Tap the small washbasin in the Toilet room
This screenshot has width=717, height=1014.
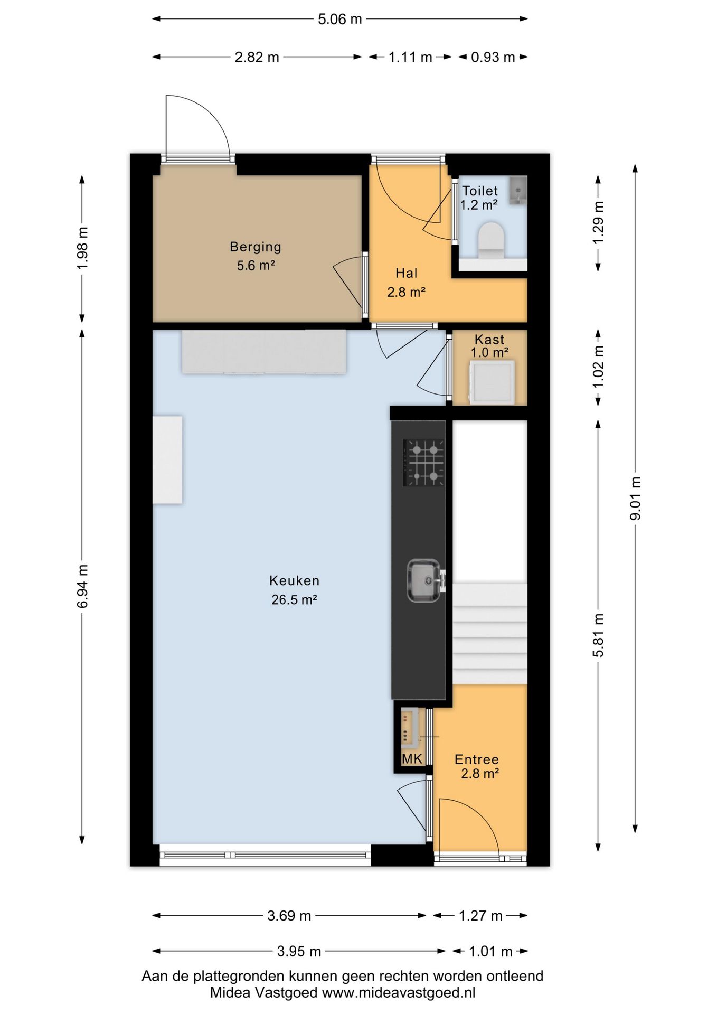tap(518, 190)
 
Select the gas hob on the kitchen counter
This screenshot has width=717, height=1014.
tap(424, 463)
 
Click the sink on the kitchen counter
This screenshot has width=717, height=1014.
tap(424, 581)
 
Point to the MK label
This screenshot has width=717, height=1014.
tap(412, 759)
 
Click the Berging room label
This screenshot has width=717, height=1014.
tap(256, 247)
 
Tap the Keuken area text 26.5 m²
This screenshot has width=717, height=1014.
tap(294, 599)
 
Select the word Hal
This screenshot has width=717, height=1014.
tap(407, 273)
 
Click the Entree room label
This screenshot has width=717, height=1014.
tap(477, 759)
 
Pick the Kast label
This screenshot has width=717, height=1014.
tap(489, 340)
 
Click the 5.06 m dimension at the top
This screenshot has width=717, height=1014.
tap(340, 19)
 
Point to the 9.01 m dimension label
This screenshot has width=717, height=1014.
tap(635, 498)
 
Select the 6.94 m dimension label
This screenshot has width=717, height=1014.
tap(82, 586)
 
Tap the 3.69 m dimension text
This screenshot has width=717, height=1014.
tap(289, 916)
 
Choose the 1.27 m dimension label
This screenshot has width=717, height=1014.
tap(480, 916)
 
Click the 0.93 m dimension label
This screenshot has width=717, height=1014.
tap(493, 57)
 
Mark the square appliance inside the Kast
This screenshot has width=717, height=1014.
tap(491, 382)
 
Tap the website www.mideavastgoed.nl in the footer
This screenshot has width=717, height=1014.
tap(399, 993)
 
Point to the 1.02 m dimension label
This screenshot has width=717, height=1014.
tap(598, 367)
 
